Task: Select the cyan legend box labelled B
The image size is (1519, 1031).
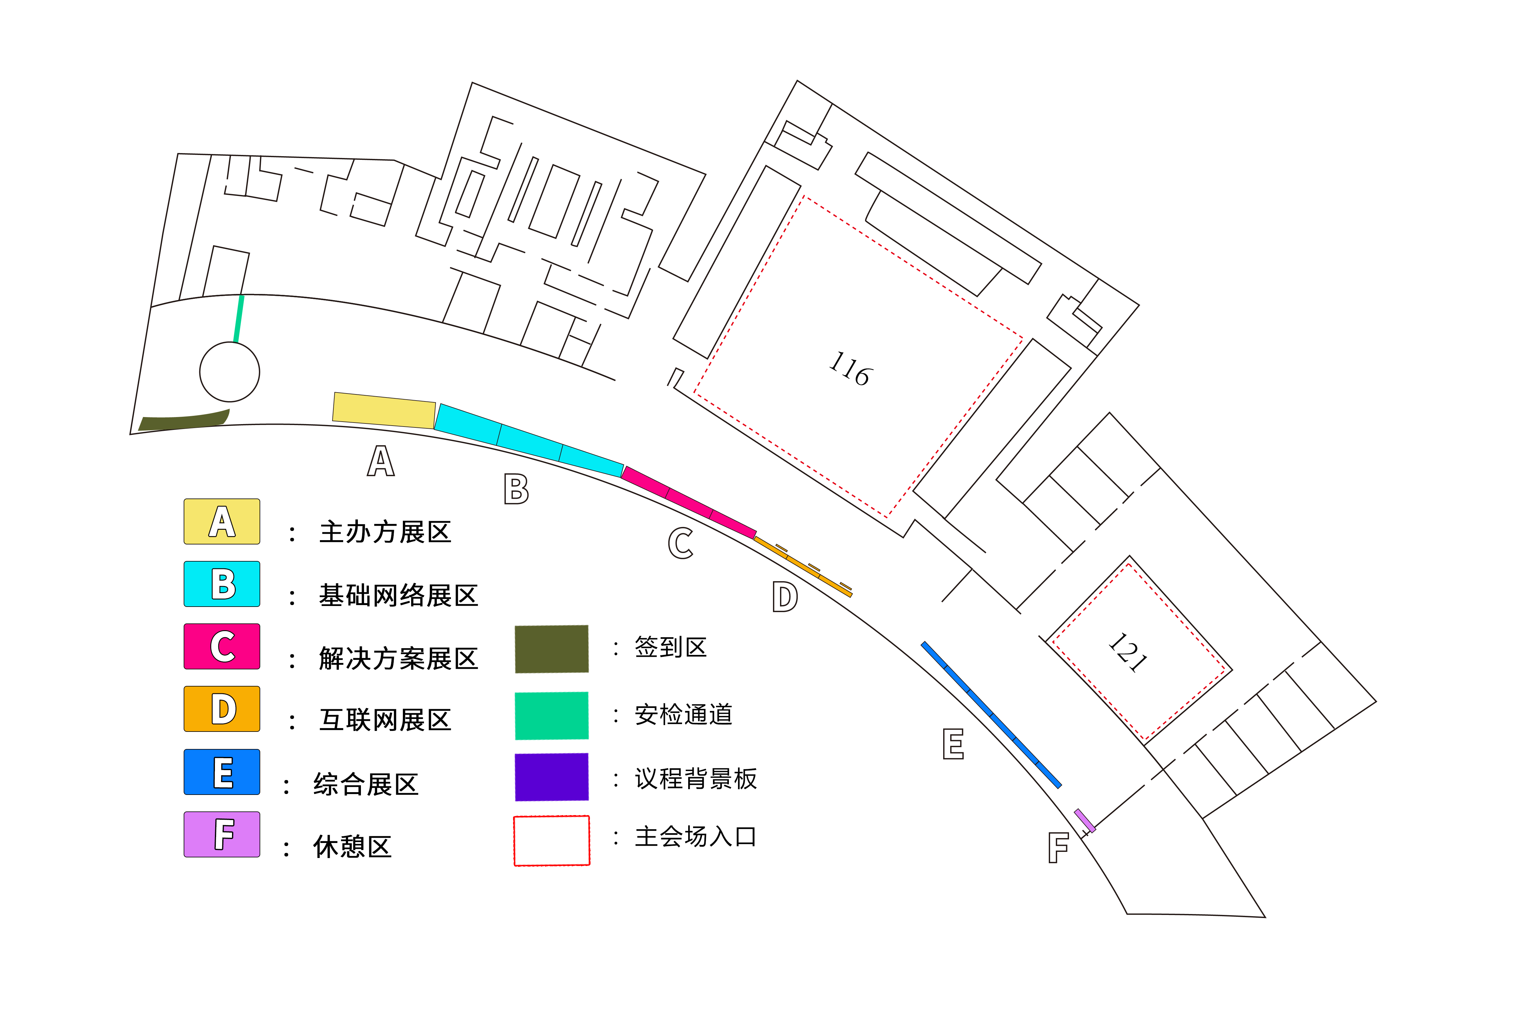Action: click(222, 584)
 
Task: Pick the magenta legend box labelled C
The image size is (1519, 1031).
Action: click(222, 647)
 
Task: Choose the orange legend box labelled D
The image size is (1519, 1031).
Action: click(222, 709)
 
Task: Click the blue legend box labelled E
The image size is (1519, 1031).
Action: click(222, 772)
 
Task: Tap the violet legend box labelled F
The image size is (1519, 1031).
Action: click(222, 834)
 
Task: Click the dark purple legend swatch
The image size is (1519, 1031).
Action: click(552, 777)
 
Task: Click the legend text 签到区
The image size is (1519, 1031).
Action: click(671, 647)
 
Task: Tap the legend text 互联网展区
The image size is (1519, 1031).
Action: click(385, 720)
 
